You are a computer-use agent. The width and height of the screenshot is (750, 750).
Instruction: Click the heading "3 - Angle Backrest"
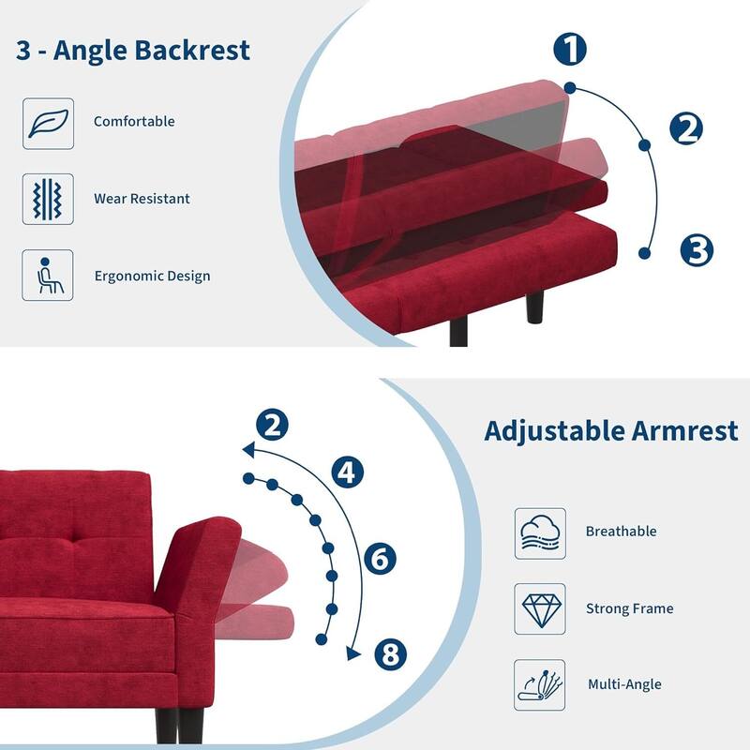point(133,50)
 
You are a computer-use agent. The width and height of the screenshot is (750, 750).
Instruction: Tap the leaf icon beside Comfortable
point(48,123)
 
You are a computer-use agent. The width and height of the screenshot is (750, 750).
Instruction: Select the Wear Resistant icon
point(48,199)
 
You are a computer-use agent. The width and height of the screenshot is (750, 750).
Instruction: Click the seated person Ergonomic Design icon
point(48,276)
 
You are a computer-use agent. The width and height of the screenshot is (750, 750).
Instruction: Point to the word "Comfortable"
point(134,122)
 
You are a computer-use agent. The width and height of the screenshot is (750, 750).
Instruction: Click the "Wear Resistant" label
point(142,199)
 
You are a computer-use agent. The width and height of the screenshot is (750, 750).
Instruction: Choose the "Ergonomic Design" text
point(152,277)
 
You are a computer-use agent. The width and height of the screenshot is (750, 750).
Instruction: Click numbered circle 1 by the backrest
point(570,49)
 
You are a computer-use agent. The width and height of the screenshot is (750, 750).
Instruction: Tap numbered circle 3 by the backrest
point(697,250)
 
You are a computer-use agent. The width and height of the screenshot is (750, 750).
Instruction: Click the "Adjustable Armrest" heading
point(611,431)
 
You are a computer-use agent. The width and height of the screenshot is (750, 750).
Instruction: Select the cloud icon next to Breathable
point(541,533)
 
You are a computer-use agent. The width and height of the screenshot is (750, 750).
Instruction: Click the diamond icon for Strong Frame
point(541,609)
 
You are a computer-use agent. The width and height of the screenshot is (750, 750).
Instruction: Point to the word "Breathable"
point(621,532)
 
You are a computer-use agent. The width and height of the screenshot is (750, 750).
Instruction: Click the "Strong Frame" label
point(629,609)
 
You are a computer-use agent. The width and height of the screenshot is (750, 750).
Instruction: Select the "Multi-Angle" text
point(624,684)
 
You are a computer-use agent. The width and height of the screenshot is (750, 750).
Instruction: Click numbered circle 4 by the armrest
point(348,471)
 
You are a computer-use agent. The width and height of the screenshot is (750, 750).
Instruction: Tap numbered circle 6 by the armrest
point(380,560)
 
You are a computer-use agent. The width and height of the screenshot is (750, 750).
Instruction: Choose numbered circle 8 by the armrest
point(391,653)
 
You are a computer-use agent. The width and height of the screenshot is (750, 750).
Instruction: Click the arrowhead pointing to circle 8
point(353,652)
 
